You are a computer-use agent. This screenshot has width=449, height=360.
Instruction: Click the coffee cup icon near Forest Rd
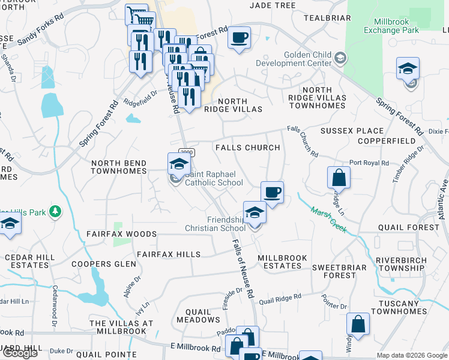239,38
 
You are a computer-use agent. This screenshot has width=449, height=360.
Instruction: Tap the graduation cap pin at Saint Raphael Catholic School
179,163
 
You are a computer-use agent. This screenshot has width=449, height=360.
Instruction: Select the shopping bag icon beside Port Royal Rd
339,178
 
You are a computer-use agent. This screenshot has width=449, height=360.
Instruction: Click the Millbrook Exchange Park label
391,26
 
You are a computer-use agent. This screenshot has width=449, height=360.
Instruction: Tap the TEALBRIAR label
327,18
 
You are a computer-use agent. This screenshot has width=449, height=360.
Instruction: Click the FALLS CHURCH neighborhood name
247,148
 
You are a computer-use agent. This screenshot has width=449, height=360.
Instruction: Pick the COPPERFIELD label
386,141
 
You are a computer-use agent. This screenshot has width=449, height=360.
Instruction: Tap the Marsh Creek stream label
329,220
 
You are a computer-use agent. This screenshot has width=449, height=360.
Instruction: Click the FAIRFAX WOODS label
121,234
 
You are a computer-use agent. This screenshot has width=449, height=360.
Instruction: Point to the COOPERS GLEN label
100,264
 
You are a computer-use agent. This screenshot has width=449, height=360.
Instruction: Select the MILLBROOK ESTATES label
282,262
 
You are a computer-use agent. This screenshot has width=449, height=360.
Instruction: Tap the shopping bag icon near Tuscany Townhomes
358,325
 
